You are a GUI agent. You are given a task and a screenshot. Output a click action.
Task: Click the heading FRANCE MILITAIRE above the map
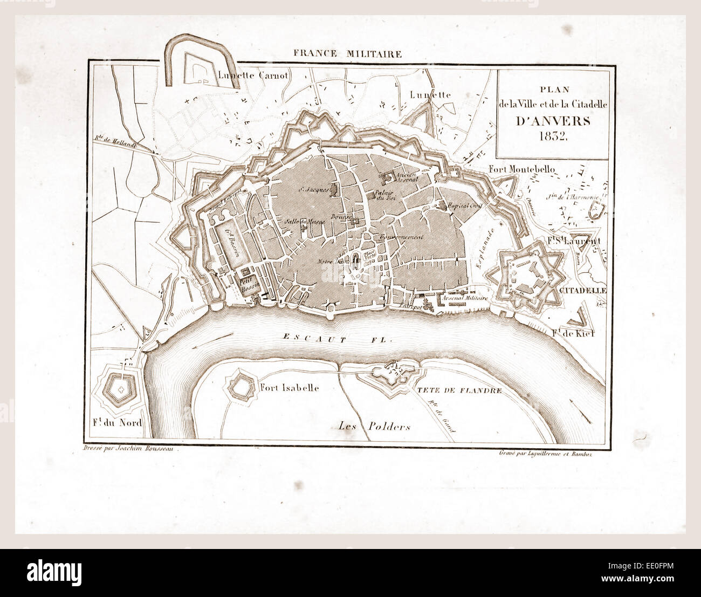[x=347, y=53]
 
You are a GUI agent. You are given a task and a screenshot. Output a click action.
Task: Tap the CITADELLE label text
[x=583, y=290]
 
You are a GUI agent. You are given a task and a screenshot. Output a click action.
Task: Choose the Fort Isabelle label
[x=289, y=388]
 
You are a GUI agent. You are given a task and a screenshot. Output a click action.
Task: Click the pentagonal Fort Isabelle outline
[x=242, y=386]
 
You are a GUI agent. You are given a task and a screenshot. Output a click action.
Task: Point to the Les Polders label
[x=374, y=427]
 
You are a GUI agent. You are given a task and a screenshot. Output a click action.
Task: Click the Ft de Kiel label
[x=573, y=333]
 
